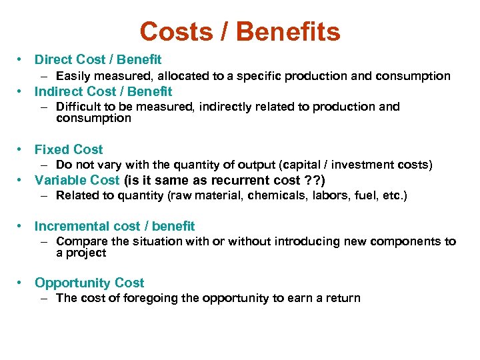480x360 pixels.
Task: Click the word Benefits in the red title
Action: click(x=288, y=31)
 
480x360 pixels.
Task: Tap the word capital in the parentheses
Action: click(x=303, y=165)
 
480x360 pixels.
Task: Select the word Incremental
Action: click(x=73, y=226)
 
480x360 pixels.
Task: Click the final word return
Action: click(x=342, y=298)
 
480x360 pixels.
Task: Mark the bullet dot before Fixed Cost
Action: click(x=21, y=150)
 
